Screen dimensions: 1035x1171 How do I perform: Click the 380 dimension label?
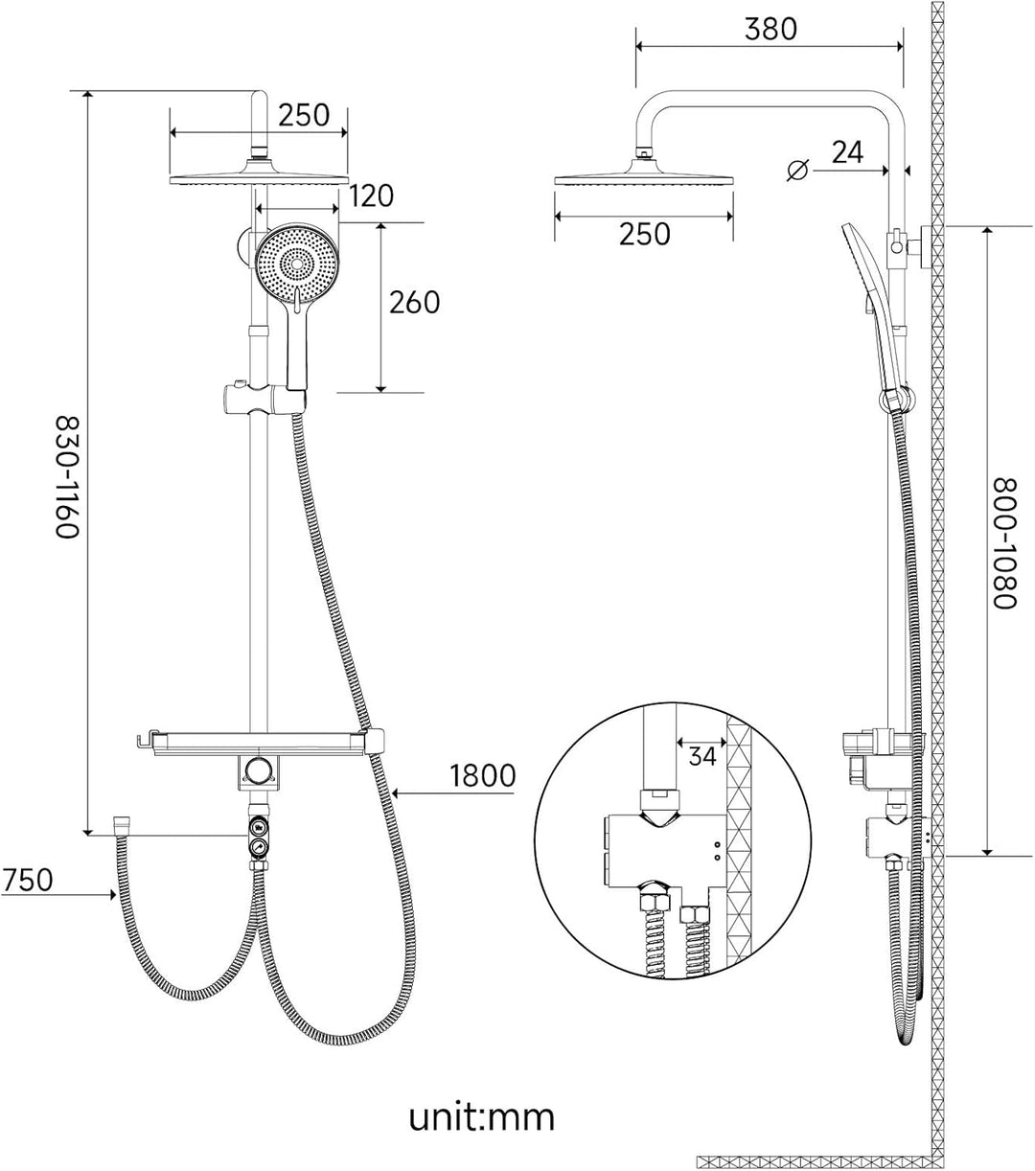pos(770,29)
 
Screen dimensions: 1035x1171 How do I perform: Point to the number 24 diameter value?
pos(847,152)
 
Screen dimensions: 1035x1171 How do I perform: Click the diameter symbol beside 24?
pos(798,170)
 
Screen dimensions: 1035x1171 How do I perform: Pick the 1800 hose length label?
pos(483,775)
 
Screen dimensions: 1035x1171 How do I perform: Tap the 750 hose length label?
pos(27,881)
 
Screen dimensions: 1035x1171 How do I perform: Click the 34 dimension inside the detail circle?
pos(701,756)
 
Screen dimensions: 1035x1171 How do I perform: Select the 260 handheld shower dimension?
pos(414,302)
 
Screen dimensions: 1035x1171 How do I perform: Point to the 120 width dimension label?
pos(371,195)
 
